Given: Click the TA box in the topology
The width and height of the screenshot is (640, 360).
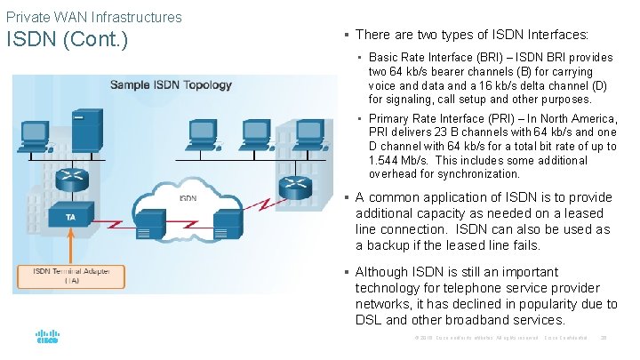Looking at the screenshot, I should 70,217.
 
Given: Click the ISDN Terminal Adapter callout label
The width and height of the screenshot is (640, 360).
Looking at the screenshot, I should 70,276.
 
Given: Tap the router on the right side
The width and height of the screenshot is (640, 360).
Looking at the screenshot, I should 291,185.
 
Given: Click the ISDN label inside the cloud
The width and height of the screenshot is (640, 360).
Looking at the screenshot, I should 188,198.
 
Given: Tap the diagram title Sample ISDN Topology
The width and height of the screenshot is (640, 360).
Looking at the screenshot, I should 171,85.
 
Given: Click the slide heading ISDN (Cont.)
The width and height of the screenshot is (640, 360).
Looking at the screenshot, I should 67,41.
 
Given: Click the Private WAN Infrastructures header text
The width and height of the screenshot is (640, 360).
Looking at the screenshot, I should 93,17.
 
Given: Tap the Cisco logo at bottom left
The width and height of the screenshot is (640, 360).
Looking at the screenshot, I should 47,339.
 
